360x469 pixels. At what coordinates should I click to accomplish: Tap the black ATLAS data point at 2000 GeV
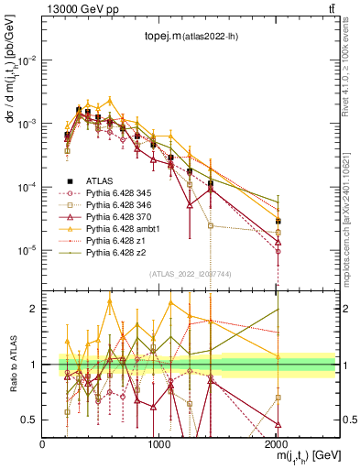tap(278, 221)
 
